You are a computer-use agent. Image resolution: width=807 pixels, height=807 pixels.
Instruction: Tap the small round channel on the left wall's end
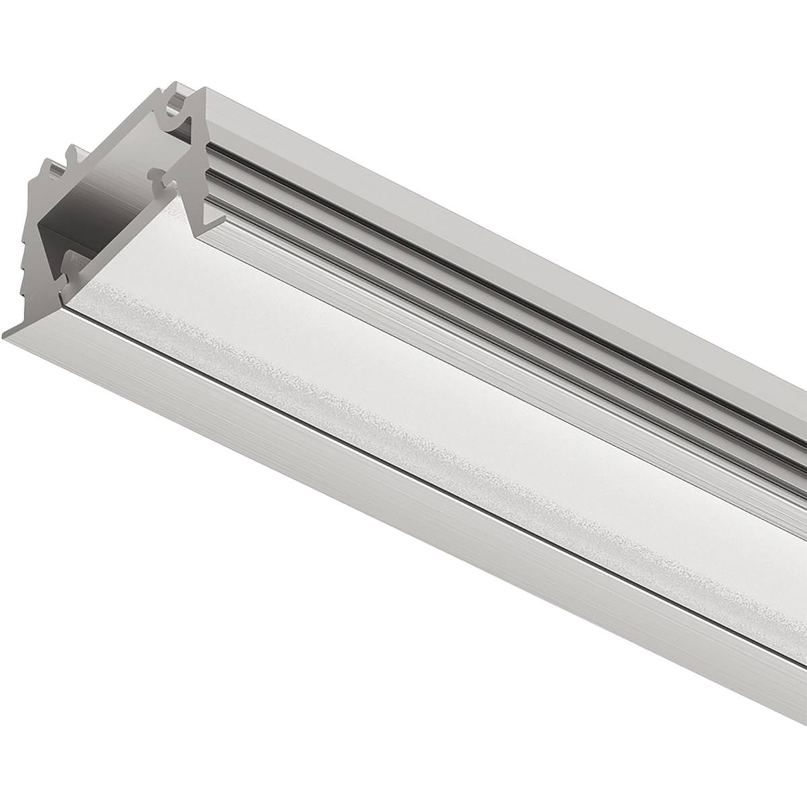pyautogui.click(x=73, y=153)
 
